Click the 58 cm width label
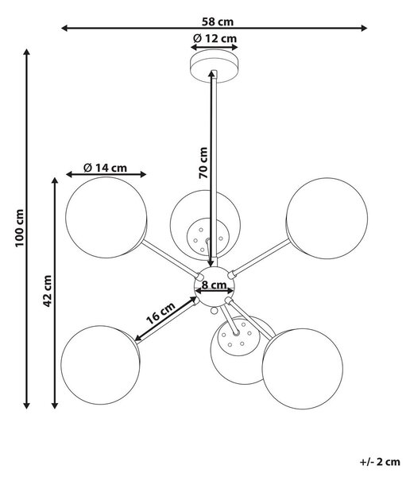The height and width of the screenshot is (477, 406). [x=218, y=22]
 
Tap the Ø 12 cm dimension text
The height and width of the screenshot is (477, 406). [x=215, y=39]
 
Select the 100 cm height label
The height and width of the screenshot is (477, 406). [x=19, y=228]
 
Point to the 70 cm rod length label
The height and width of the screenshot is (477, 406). [x=203, y=163]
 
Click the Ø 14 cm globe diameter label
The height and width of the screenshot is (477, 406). [x=105, y=168]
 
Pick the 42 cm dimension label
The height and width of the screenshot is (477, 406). [x=47, y=291]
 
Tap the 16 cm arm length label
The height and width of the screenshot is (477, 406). [x=160, y=313]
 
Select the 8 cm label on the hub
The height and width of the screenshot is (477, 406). [x=215, y=285]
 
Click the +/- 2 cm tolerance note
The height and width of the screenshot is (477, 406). [x=380, y=462]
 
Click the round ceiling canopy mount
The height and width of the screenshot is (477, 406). [x=214, y=67]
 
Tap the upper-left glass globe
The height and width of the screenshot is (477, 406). [x=106, y=218]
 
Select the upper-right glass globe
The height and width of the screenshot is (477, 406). [x=327, y=219]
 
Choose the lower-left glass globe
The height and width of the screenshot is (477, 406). [x=100, y=365]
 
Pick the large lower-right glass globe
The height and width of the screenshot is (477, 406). [x=303, y=369]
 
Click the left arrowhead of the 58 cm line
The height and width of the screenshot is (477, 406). [x=64, y=29]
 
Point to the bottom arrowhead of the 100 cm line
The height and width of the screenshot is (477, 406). [x=27, y=405]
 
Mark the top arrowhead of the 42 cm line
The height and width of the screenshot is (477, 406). [x=55, y=181]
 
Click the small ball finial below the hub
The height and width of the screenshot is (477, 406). [x=215, y=311]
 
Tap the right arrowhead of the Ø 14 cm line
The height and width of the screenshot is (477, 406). [x=143, y=174]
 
